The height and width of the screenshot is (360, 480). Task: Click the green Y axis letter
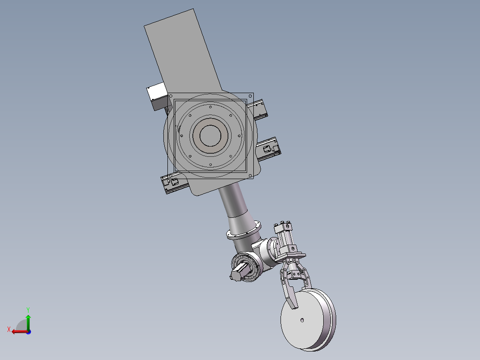coord(28,310)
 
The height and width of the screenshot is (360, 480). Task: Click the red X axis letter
coord(9,329)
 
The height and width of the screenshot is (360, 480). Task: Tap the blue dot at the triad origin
coord(28,332)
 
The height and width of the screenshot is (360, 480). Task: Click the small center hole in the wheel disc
coord(302,320)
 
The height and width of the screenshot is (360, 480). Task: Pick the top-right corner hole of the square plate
coord(250,96)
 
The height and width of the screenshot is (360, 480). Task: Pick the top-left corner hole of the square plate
coord(171,96)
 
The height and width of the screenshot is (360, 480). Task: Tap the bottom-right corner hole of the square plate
coord(250,176)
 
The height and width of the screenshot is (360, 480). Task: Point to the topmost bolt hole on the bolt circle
coord(210,107)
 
